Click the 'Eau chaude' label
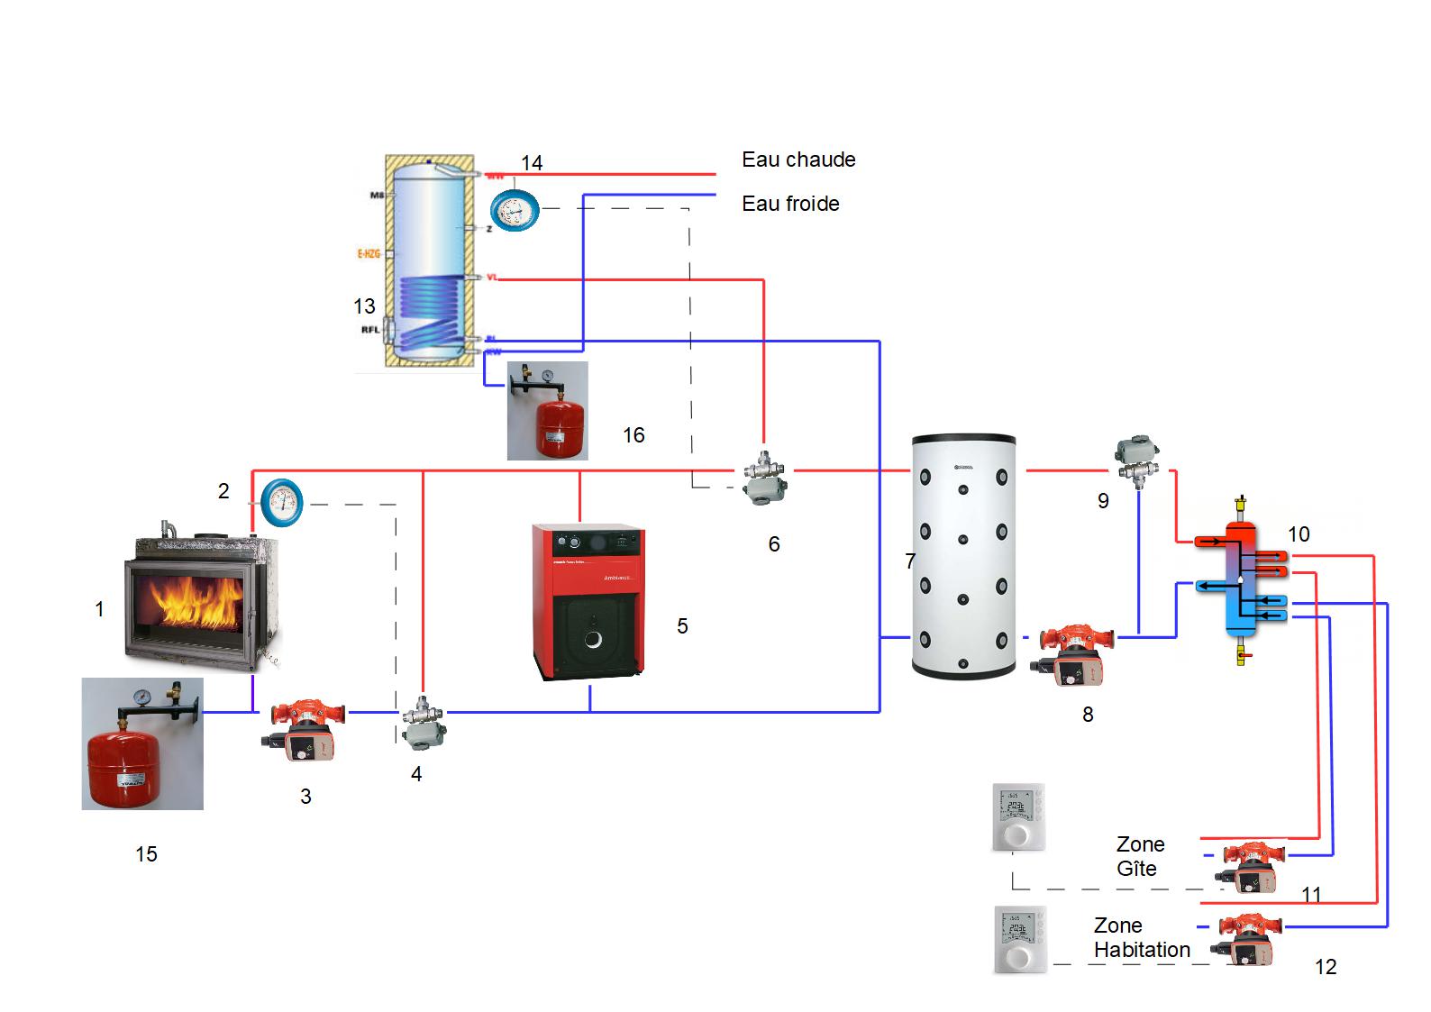point(798,160)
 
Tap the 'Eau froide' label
point(790,204)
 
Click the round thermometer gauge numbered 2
point(282,503)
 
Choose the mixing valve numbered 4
point(422,721)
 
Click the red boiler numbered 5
point(588,601)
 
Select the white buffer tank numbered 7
point(963,556)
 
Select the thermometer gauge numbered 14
point(515,211)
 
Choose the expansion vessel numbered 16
point(548,411)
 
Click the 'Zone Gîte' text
point(1140,856)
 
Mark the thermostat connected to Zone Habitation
point(1020,939)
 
